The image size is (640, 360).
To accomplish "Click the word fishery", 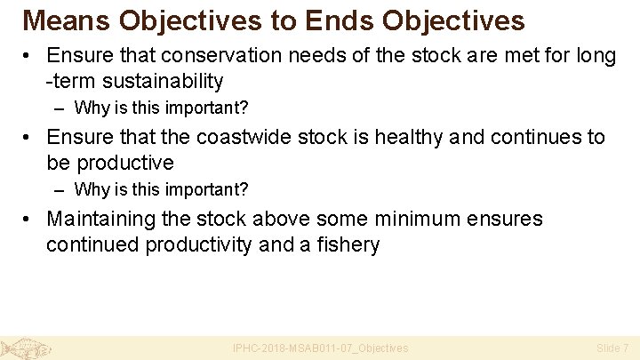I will point(346,244).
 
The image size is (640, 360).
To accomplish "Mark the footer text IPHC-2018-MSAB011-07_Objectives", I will point(320,348).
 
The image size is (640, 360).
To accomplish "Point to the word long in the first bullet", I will point(596,56).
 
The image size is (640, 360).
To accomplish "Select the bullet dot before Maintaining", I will point(29,220).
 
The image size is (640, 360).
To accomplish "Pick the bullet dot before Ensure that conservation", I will point(29,57).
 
